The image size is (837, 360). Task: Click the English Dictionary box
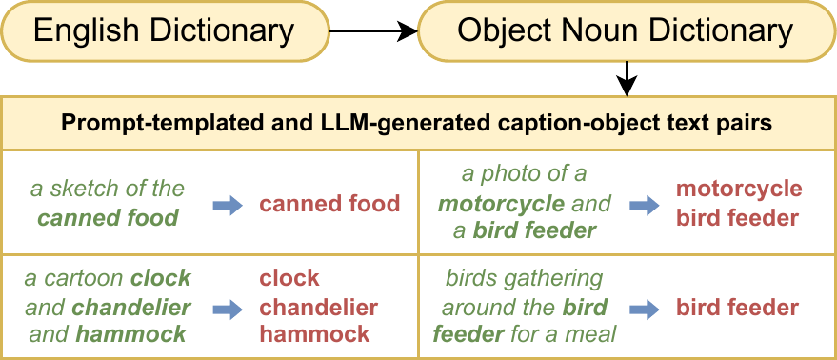164,30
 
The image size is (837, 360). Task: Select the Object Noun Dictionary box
625,30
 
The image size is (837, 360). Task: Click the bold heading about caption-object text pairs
419,123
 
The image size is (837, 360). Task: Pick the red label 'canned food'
329,203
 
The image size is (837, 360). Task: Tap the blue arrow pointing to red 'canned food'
229,204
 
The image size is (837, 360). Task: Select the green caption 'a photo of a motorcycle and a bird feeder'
524,202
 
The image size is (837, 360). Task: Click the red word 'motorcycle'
739,189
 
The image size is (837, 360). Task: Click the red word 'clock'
289,279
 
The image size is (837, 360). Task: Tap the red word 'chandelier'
319,307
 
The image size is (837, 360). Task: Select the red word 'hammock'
314,334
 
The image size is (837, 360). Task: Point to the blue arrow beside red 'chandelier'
229,308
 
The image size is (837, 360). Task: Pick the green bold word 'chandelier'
130,307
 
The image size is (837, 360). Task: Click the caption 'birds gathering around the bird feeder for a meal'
524,307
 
